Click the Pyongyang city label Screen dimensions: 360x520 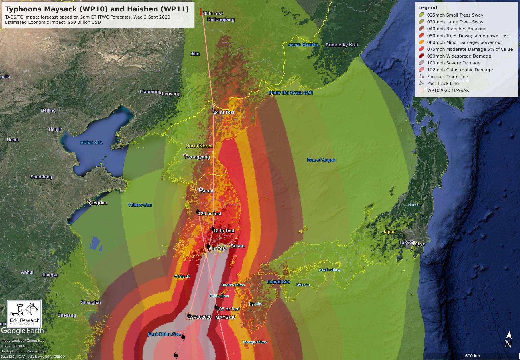click(x=198, y=157)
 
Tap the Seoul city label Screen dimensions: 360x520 click(x=207, y=191)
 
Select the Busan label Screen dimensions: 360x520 click(x=237, y=246)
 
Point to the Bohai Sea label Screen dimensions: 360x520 click(x=91, y=143)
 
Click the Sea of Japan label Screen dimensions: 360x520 click(x=321, y=160)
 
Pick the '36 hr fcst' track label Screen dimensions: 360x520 click(x=212, y=13)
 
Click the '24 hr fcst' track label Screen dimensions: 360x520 click(x=224, y=112)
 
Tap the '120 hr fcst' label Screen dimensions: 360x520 click(x=210, y=214)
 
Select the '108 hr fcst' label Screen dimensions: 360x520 click(x=228, y=309)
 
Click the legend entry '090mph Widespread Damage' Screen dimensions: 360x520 click(x=459, y=56)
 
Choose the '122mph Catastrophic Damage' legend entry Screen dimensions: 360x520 click(x=460, y=70)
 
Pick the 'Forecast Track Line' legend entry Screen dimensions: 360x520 click(x=447, y=77)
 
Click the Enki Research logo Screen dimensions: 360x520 click(x=24, y=314)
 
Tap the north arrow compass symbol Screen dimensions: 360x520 click(x=509, y=340)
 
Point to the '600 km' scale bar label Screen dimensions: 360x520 click(x=472, y=356)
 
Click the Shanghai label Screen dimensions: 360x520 click(x=90, y=302)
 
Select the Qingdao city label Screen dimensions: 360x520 click(x=98, y=203)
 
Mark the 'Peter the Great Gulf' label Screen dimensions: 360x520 click(x=291, y=93)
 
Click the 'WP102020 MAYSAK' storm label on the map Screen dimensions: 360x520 click(x=212, y=317)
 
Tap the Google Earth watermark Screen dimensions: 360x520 click(x=22, y=331)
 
